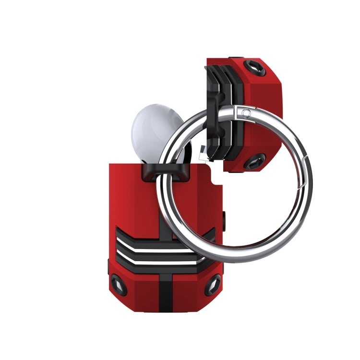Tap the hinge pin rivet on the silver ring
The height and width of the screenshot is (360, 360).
pyautogui.click(x=246, y=113)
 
